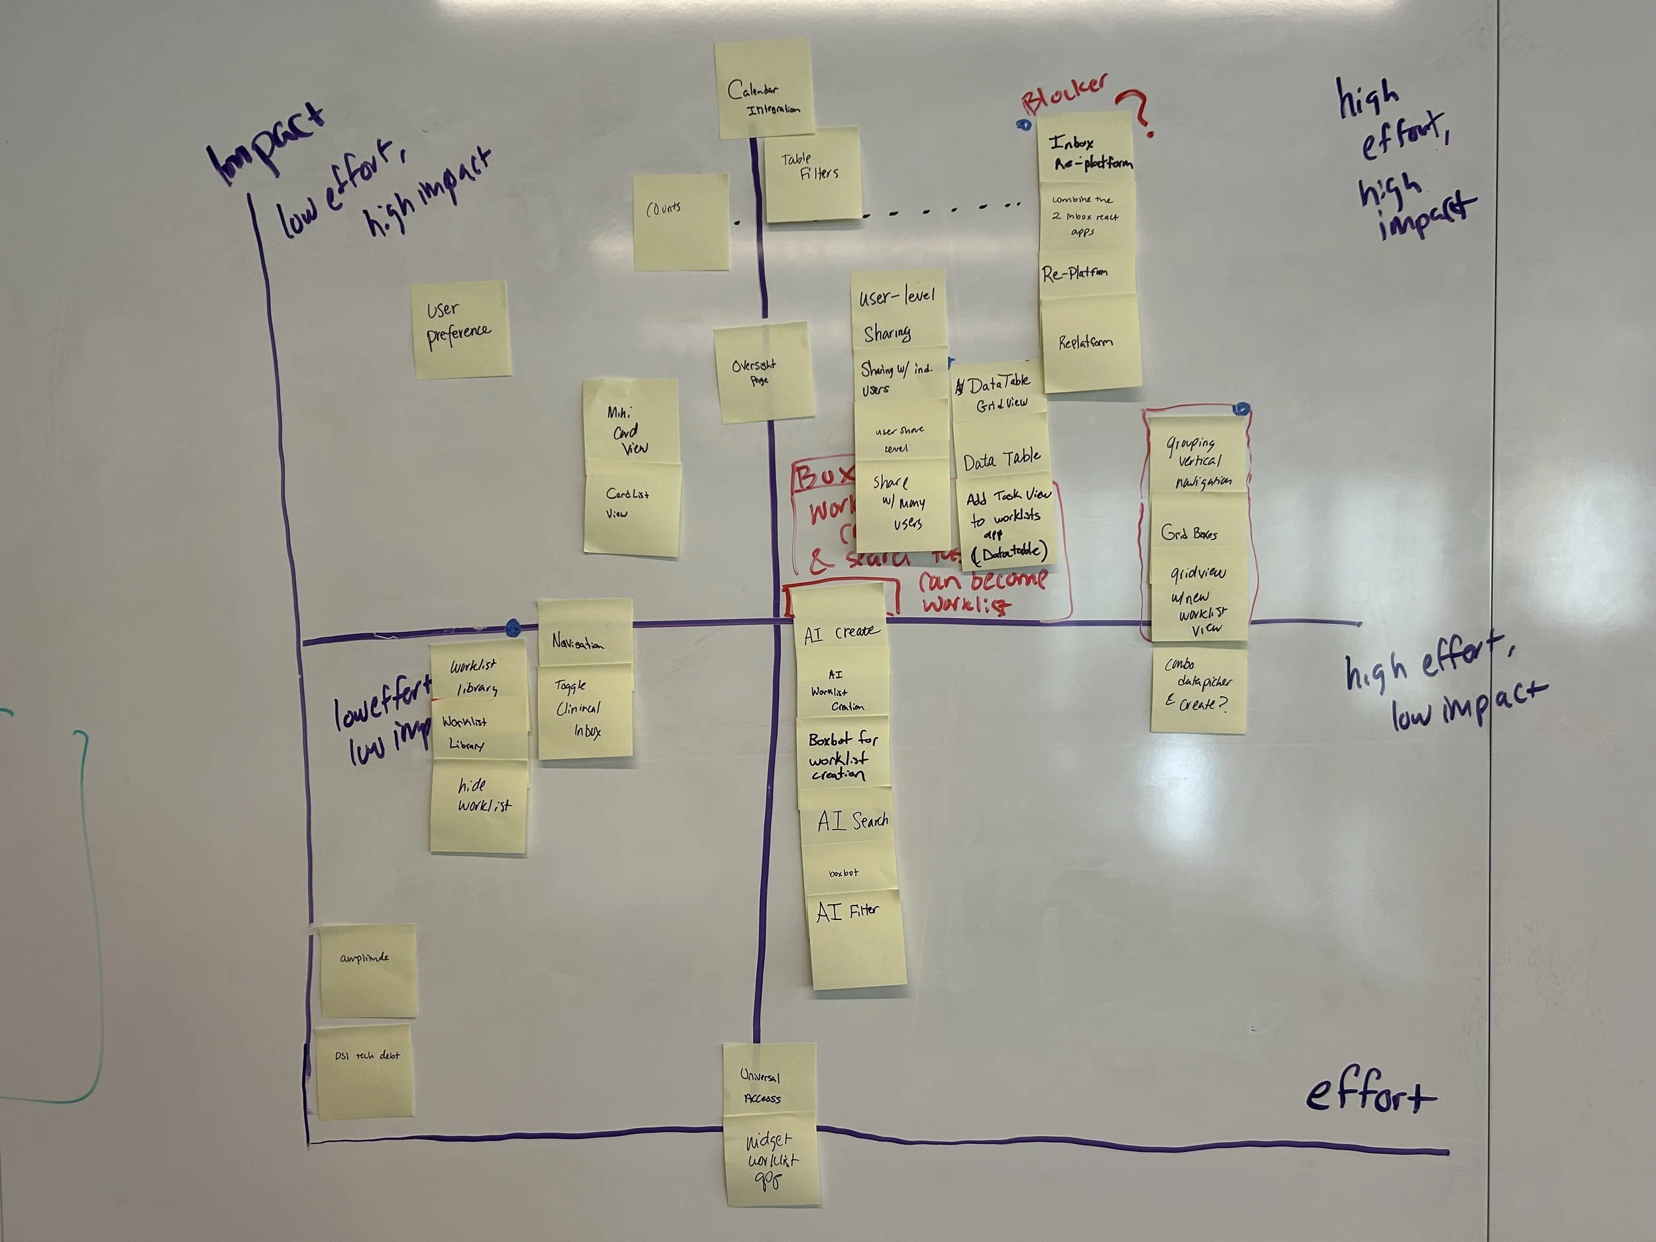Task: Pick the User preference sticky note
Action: pyautogui.click(x=461, y=329)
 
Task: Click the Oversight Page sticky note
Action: pyautogui.click(x=763, y=372)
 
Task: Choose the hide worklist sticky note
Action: pyautogui.click(x=479, y=805)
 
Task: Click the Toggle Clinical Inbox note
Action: pyautogui.click(x=584, y=711)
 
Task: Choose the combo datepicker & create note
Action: pyautogui.click(x=1198, y=690)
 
